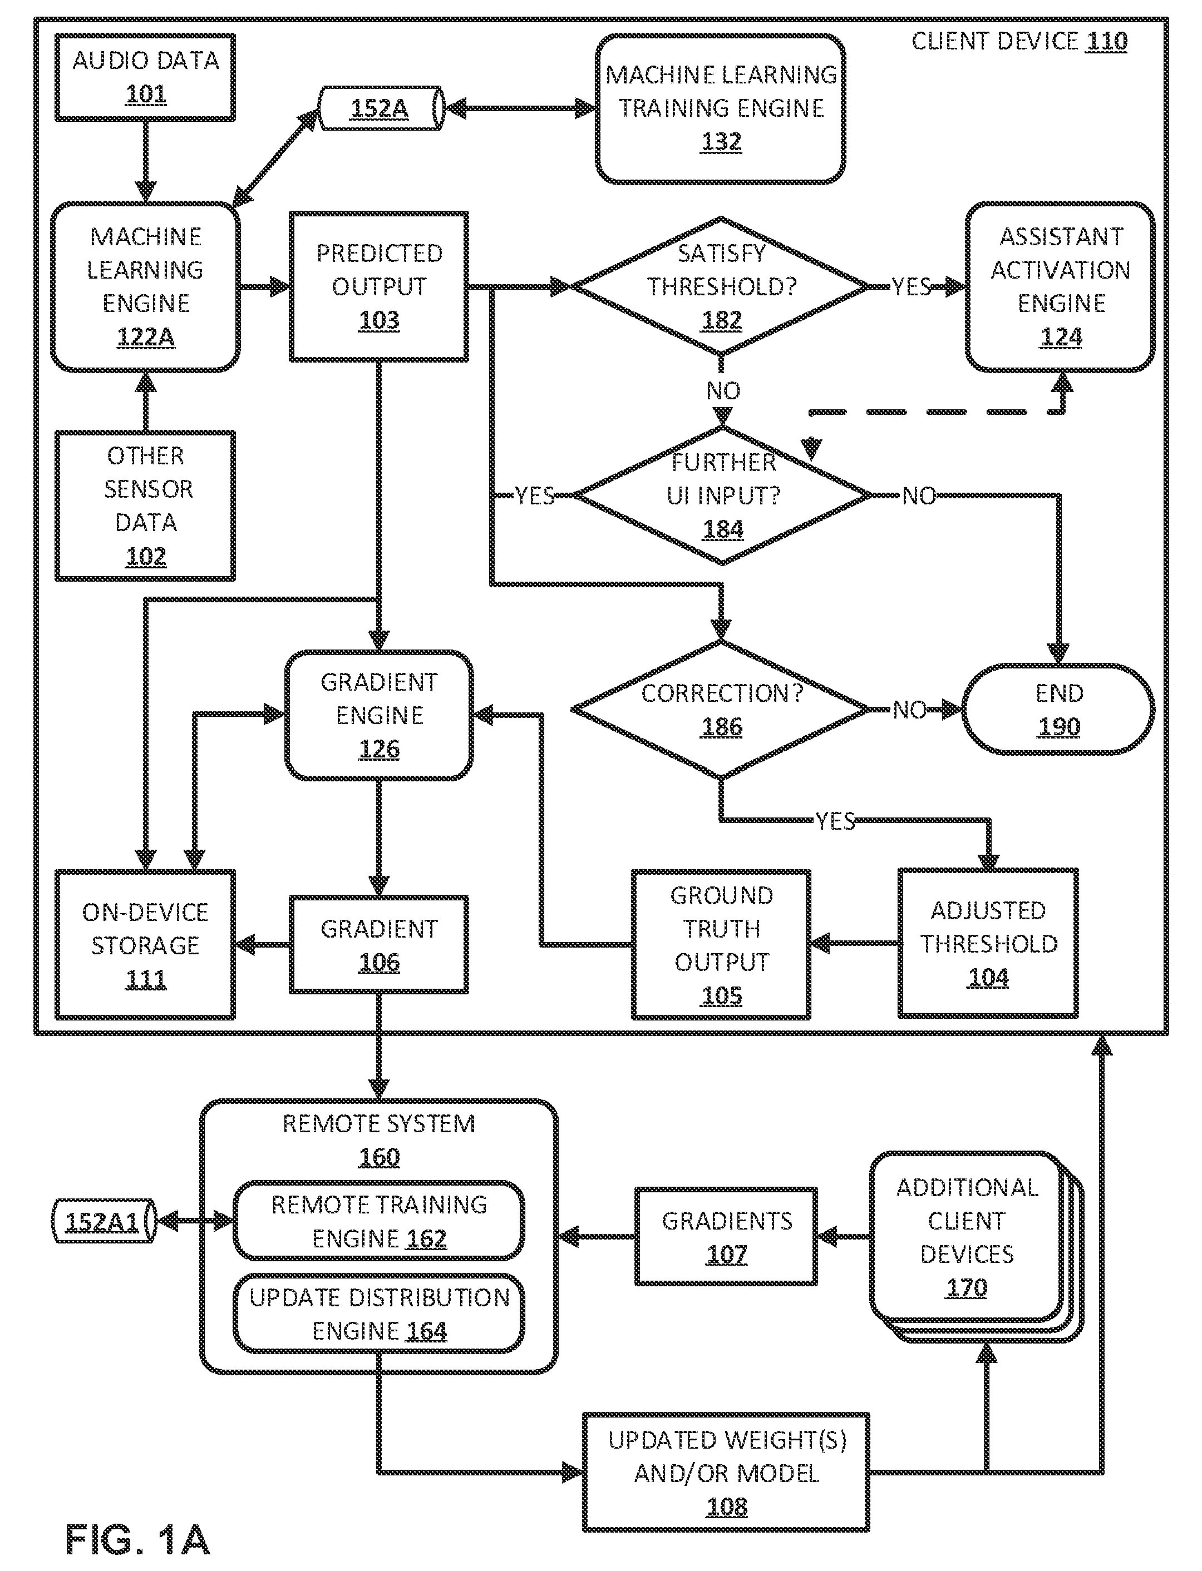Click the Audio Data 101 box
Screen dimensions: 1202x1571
click(145, 77)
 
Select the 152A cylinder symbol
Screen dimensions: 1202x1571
click(381, 108)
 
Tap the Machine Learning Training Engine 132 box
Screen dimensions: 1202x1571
click(721, 108)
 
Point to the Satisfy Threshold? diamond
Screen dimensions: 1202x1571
click(721, 286)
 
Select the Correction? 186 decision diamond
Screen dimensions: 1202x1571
click(721, 710)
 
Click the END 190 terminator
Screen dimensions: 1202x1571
click(1059, 710)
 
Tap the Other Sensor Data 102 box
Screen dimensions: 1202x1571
click(145, 506)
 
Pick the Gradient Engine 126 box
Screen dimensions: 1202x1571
click(379, 715)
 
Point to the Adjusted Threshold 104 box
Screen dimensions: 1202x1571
click(988, 943)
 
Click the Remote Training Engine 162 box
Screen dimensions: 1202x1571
click(379, 1221)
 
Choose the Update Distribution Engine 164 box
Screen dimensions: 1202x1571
click(379, 1314)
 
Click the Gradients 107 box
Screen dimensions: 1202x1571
click(726, 1236)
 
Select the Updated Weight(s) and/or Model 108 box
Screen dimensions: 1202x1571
click(726, 1473)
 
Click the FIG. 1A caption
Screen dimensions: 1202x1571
click(137, 1539)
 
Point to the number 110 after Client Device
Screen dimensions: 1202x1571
click(1107, 42)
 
